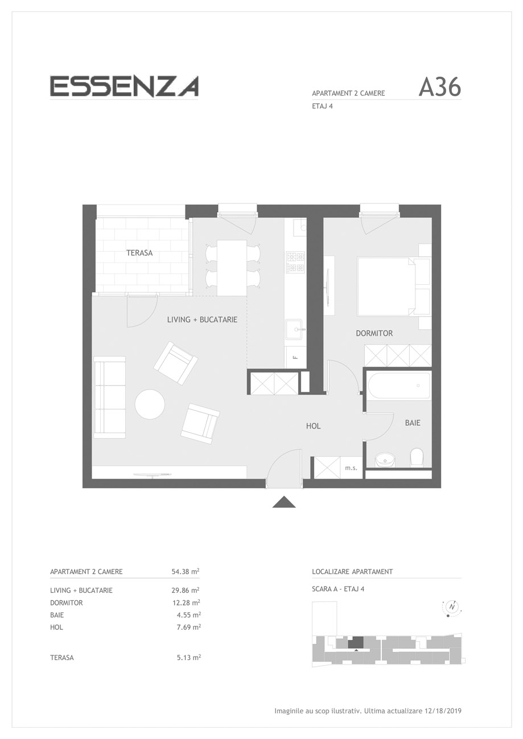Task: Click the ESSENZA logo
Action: point(124,86)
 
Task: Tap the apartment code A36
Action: point(439,88)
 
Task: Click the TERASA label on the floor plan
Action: point(139,253)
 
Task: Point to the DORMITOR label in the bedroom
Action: point(374,333)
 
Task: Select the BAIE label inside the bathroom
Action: point(413,422)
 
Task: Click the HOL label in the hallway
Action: point(313,426)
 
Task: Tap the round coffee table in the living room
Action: point(150,405)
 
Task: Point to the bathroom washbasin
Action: point(385,459)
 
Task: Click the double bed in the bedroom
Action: point(386,287)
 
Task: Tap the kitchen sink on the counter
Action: point(294,329)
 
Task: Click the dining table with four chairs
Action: point(232,268)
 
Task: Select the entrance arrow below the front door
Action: point(283,501)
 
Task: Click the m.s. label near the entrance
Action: point(351,468)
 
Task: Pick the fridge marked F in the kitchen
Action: point(295,356)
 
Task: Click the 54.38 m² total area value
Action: point(185,571)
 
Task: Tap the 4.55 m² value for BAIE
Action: point(189,615)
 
